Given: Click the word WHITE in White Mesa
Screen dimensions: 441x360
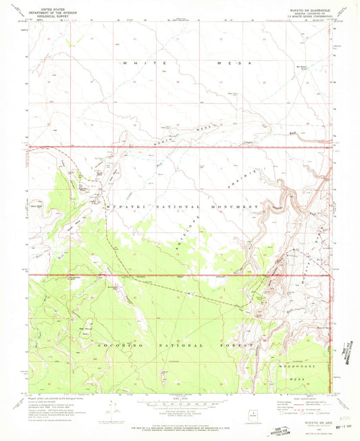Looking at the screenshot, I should [x=136, y=63].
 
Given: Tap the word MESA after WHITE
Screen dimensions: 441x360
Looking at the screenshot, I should [x=236, y=63].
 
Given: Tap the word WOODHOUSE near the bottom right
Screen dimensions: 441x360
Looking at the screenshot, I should [x=298, y=365].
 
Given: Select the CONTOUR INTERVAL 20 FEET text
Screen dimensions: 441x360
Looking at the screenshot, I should [x=180, y=407].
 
